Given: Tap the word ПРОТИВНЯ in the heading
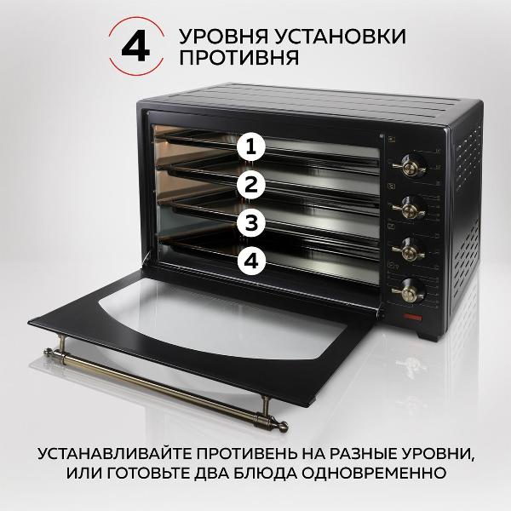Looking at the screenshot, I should point(238,60).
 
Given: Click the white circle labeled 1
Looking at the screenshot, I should point(250,146).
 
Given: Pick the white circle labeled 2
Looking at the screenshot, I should point(250,185).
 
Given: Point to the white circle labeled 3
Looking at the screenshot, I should point(250,223).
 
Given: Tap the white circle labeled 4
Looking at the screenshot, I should point(250,262).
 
